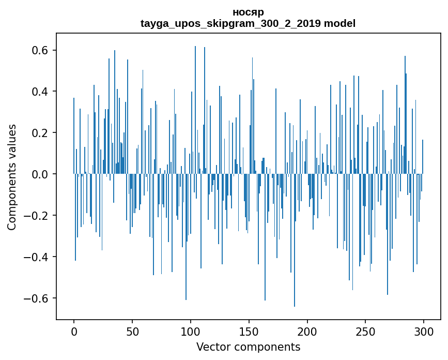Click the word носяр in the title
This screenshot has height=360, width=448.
pos(248,12)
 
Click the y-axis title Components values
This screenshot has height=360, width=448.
pos(12,177)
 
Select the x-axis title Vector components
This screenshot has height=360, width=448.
pos(248,347)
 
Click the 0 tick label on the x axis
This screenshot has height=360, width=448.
pos(74,331)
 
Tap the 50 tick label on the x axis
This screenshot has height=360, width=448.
pos(132,331)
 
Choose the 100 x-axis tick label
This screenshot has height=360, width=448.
pos(191,331)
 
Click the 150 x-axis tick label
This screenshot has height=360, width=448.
pos(249,331)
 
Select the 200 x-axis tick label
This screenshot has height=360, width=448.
pos(307,331)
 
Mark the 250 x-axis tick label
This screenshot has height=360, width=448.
pos(366,331)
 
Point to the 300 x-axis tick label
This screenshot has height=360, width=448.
pos(424,331)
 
